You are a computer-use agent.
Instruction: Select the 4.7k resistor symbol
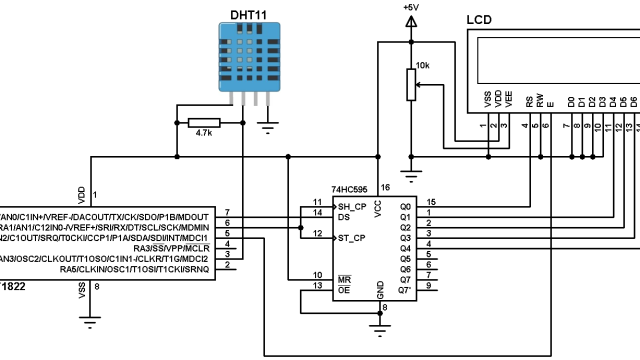204,122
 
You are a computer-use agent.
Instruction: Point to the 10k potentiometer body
409,85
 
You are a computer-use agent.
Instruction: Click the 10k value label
422,65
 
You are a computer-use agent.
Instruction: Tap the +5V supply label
409,8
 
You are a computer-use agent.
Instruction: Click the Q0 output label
405,205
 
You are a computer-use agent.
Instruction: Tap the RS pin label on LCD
528,101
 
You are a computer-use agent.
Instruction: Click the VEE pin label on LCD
508,99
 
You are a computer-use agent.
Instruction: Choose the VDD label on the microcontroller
82,191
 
